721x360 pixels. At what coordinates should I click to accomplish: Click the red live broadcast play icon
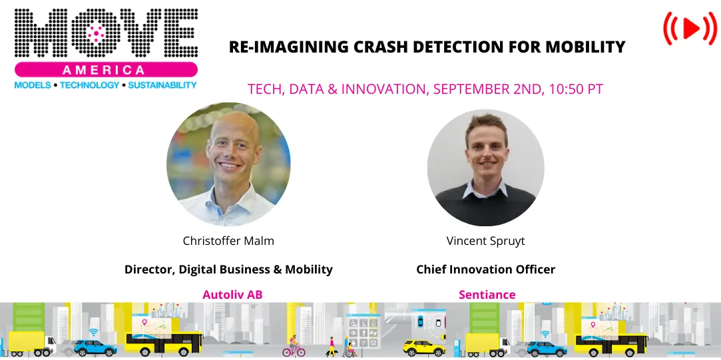tap(690, 28)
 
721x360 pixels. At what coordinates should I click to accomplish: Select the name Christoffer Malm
tap(228, 240)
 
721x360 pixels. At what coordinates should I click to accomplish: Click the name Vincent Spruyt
tap(485, 240)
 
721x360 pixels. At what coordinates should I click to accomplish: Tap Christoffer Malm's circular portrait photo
tap(228, 164)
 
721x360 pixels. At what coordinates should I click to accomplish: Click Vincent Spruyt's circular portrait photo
tap(485, 164)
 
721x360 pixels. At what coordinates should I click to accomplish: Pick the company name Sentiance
tap(487, 294)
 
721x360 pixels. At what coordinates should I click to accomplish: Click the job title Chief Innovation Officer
tap(485, 270)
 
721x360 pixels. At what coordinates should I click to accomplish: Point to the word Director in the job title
tap(148, 270)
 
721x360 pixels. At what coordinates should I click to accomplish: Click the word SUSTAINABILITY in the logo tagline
tap(162, 85)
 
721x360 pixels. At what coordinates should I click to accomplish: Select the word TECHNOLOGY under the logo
tap(89, 85)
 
